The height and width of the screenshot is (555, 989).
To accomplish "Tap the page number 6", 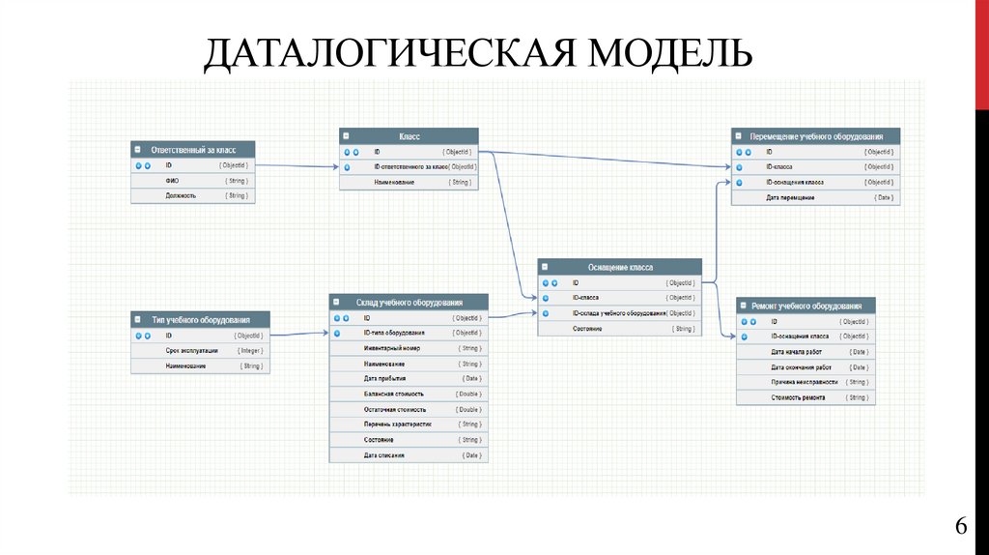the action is pyautogui.click(x=961, y=526).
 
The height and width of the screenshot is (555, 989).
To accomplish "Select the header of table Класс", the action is pyautogui.click(x=409, y=136).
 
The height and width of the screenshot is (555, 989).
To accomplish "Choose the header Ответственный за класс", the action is pyautogui.click(x=193, y=150).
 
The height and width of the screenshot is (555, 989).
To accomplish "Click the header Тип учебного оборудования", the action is pyautogui.click(x=200, y=320).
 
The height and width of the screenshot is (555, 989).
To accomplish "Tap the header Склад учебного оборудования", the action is pyautogui.click(x=409, y=303).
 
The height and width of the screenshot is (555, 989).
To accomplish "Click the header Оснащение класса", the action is pyautogui.click(x=619, y=267).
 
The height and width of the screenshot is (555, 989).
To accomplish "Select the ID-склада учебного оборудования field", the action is pyautogui.click(x=619, y=313).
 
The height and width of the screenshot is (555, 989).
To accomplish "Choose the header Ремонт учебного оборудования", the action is pyautogui.click(x=805, y=306).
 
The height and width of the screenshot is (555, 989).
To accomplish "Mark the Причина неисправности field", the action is pyautogui.click(x=805, y=382).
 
